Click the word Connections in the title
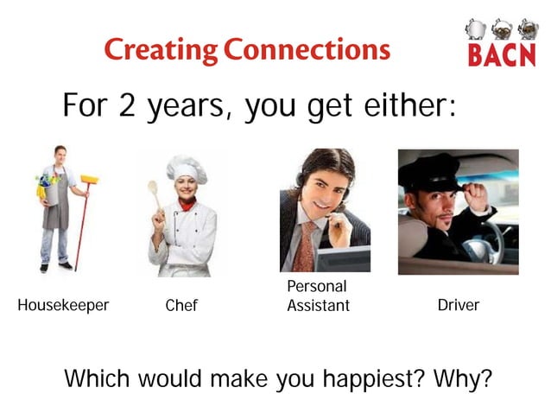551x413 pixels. pyautogui.click(x=307, y=49)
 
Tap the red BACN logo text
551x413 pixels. pyautogui.click(x=500, y=56)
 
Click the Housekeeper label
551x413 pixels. pyautogui.click(x=63, y=306)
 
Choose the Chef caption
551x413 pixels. pyautogui.click(x=181, y=306)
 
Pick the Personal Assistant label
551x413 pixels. pyautogui.click(x=318, y=295)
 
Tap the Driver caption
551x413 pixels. pyautogui.click(x=458, y=306)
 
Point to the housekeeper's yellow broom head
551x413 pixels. pyautogui.click(x=89, y=180)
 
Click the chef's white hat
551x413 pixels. pyautogui.click(x=186, y=168)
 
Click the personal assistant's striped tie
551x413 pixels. pyautogui.click(x=306, y=245)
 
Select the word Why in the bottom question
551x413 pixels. pyautogui.click(x=452, y=378)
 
